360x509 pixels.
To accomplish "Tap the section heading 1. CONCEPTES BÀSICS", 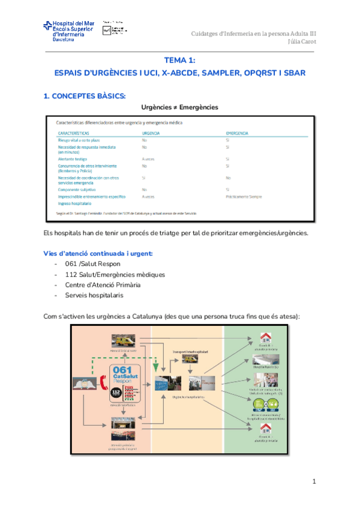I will point(83,95).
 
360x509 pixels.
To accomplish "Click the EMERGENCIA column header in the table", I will point(238,133).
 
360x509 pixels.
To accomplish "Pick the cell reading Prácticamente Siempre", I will point(244,196).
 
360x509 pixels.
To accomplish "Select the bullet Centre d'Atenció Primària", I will point(102,285).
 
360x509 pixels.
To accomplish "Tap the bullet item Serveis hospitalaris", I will point(94,295).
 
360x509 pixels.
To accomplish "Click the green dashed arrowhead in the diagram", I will point(155,367).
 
